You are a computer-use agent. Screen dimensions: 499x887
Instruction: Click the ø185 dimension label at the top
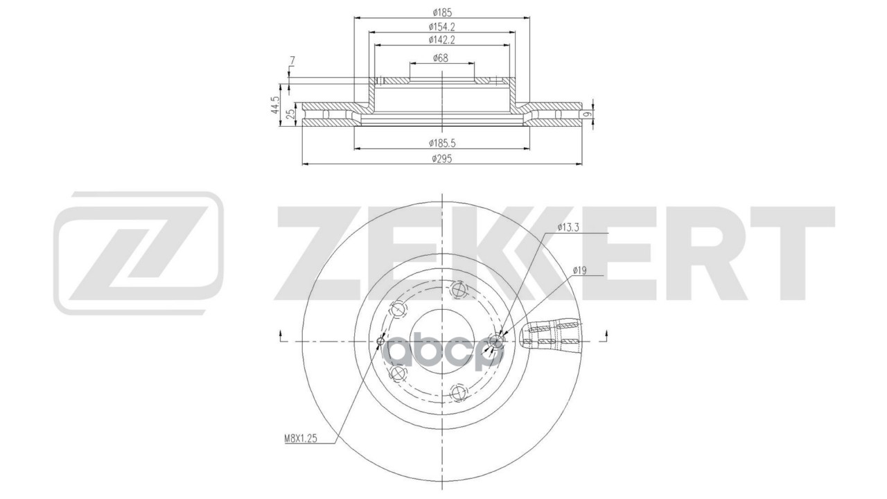coord(441,12)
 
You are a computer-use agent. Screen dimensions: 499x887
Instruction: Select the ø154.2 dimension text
coord(441,26)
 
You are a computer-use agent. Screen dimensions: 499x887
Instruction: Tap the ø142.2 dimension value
coord(441,40)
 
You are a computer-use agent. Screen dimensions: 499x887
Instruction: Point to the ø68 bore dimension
coord(441,58)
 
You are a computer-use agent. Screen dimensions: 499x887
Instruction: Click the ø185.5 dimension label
coord(441,143)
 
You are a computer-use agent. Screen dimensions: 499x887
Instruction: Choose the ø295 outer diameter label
coord(441,159)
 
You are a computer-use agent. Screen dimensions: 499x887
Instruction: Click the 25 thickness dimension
coord(291,113)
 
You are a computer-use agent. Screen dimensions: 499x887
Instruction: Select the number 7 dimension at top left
coord(292,62)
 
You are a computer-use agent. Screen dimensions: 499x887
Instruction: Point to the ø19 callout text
coord(580,271)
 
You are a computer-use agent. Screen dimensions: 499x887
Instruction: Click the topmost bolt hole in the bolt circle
coord(459,289)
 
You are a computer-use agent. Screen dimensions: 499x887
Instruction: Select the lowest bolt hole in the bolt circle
coord(456,393)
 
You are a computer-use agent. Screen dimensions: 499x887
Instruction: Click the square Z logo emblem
coord(139,252)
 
